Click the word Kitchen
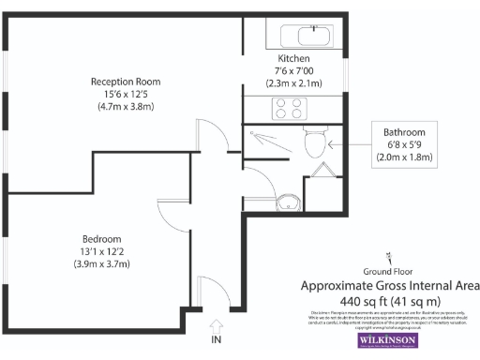coord(292,58)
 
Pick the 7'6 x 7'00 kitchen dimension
coord(292,70)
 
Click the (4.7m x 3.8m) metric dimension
coord(126,107)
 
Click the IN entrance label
coord(217,337)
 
